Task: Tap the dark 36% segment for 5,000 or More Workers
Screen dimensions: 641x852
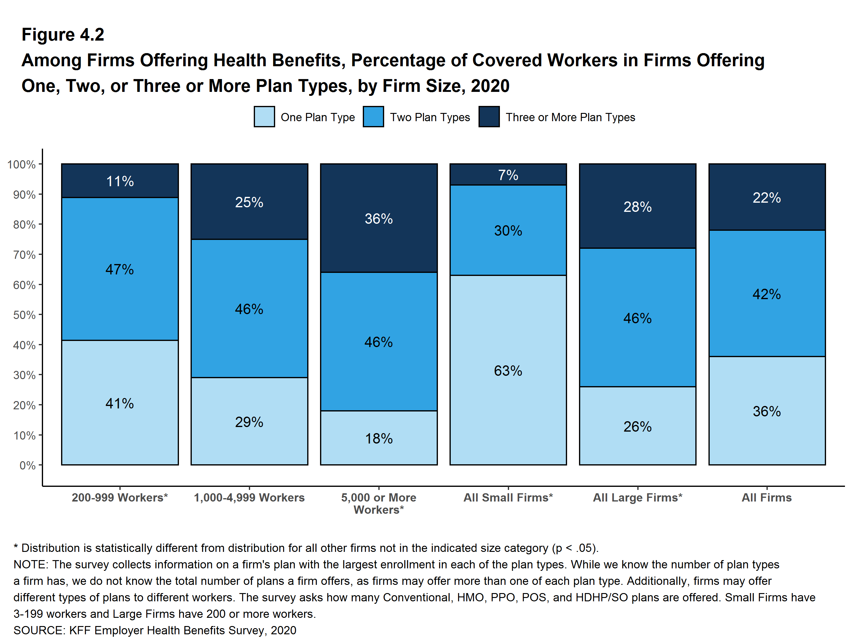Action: [379, 218]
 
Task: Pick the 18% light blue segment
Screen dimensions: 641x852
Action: [379, 438]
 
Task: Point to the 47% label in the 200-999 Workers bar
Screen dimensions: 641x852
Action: [120, 269]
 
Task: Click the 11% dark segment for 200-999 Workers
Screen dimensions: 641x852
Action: [120, 181]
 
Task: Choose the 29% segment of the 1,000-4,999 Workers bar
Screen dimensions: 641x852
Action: [249, 422]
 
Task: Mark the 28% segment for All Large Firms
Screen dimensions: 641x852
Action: [637, 207]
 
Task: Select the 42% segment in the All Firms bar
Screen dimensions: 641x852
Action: [766, 294]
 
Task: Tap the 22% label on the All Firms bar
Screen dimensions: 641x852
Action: [766, 197]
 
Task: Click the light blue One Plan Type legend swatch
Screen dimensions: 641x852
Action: [264, 117]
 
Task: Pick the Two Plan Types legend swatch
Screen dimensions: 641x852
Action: [373, 117]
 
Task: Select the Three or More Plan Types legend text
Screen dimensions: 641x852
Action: [570, 117]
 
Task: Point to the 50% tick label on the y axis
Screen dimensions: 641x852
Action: [24, 315]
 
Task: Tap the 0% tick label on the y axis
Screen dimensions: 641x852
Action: [27, 465]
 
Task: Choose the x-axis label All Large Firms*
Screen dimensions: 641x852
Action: [637, 498]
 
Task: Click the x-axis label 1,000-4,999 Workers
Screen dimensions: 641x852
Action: [249, 498]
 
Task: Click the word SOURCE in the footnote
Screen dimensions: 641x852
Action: [38, 630]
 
